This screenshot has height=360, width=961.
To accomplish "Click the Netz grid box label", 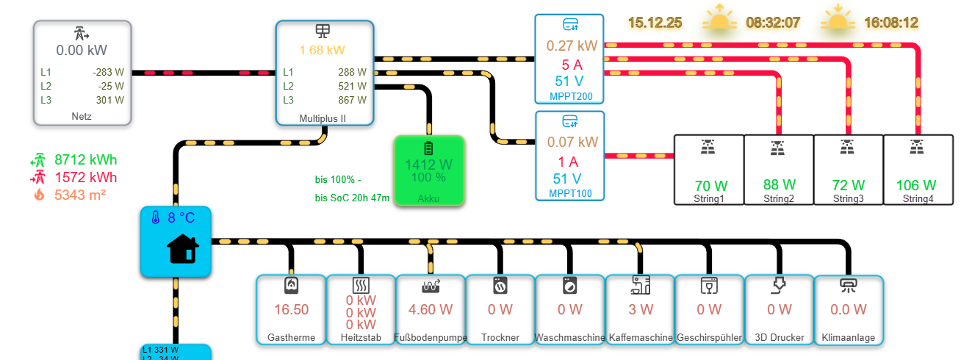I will [82, 116].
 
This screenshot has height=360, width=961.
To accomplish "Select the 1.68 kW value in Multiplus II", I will [322, 51].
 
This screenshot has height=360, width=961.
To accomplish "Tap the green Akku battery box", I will [429, 170].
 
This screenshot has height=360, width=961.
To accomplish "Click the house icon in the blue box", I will [182, 248].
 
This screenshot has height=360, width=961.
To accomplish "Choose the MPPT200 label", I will [570, 96].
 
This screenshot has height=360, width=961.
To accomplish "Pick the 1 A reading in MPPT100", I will [570, 162].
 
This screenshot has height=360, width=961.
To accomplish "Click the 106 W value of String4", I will [916, 185].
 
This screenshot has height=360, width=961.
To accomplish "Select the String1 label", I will [708, 198].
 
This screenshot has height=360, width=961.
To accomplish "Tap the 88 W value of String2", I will [780, 185].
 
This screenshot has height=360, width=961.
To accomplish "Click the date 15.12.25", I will [655, 23].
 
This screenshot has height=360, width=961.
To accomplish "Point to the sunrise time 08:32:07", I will [773, 23].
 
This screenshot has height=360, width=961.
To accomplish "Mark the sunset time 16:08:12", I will [891, 23].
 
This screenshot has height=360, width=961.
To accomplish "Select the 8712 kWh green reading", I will [85, 159].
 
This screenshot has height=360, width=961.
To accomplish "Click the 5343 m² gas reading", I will [80, 195].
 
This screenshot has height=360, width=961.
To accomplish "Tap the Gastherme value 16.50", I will [291, 309].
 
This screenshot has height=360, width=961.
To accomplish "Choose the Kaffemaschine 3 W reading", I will [640, 309].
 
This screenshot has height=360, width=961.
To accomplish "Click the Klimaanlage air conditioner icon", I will [849, 285].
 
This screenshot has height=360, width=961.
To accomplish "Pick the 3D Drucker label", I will [780, 338].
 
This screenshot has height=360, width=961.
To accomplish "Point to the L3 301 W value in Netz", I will [109, 100].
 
